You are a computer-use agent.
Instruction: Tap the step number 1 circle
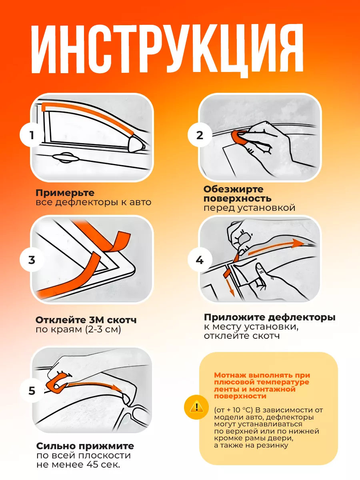[32, 135]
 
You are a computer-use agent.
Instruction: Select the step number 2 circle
[200, 135]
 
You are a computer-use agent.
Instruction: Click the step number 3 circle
[32, 260]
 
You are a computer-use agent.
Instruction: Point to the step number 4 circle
[200, 260]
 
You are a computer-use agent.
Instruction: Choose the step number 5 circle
[32, 391]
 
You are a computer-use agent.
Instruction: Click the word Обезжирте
[234, 189]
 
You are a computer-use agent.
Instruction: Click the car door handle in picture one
[66, 158]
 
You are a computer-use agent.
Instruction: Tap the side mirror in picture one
[136, 144]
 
